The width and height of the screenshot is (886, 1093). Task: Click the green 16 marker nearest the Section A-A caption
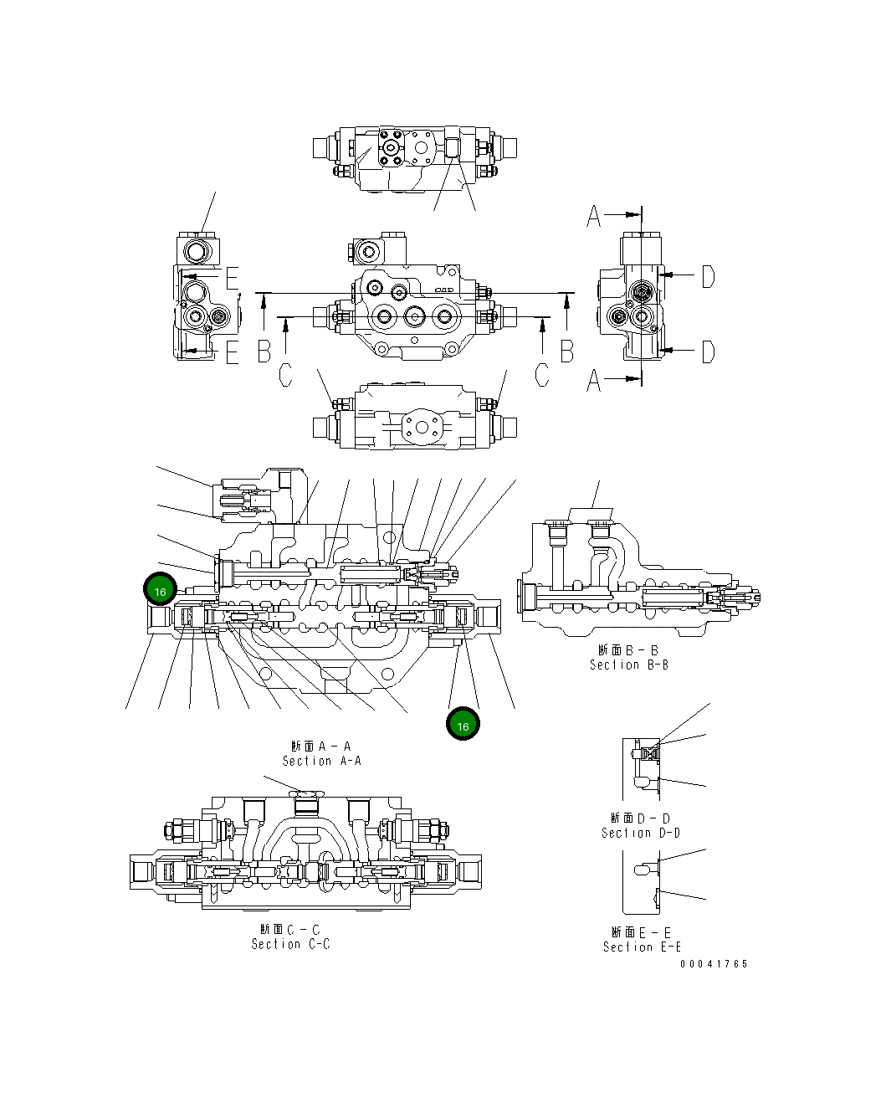(x=463, y=725)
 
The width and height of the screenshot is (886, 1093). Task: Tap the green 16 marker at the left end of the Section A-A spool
(x=160, y=590)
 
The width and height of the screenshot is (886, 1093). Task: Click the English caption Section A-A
(x=321, y=761)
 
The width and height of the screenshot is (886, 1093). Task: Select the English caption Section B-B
(x=628, y=665)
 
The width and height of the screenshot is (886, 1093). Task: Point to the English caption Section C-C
(x=290, y=944)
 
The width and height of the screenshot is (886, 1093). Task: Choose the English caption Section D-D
(x=640, y=833)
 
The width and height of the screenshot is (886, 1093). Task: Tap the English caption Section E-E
(x=642, y=947)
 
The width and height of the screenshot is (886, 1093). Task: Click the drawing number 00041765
(x=714, y=964)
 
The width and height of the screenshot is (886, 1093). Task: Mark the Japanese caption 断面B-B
(x=628, y=650)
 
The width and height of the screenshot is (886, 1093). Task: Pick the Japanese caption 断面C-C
(x=290, y=930)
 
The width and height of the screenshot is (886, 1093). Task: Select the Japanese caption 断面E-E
(x=642, y=932)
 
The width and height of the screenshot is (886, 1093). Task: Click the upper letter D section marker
(x=708, y=276)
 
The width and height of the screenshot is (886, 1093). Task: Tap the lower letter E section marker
(x=232, y=353)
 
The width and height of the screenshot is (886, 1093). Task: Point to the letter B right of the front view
(x=567, y=352)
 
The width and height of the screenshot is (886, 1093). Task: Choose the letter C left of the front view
(x=285, y=375)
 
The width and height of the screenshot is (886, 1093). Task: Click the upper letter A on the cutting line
(x=594, y=216)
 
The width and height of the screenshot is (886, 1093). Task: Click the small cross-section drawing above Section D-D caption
(x=642, y=768)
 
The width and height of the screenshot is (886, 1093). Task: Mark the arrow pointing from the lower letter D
(x=679, y=352)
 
